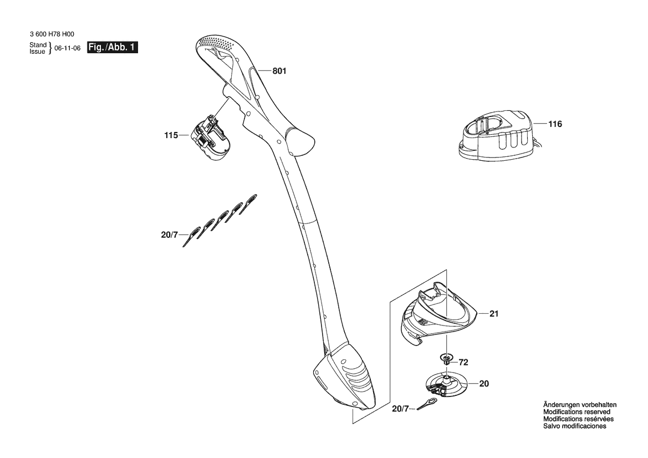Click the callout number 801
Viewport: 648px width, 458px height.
tap(279, 71)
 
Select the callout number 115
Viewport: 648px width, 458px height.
tap(171, 135)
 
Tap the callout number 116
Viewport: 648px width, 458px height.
tap(555, 124)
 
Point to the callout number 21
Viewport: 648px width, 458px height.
tap(494, 314)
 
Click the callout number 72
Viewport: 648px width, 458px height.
tap(463, 363)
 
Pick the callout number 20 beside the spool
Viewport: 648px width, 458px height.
tap(484, 384)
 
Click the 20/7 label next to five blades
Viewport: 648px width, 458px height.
tap(169, 235)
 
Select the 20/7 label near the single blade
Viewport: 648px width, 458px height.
tap(400, 409)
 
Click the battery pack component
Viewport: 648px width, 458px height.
tap(211, 138)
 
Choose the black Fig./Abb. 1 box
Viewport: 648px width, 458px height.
tap(113, 48)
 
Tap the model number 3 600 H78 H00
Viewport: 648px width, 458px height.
tap(52, 35)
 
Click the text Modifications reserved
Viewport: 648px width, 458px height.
tap(576, 412)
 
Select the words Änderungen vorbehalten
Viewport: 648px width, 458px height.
tap(580, 405)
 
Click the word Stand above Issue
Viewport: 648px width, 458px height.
tap(38, 45)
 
